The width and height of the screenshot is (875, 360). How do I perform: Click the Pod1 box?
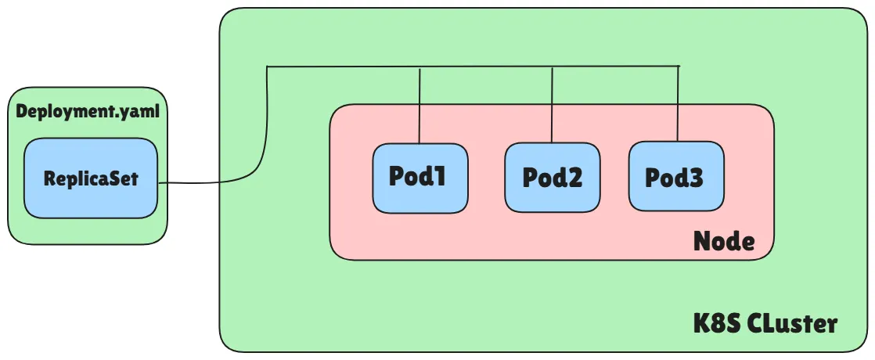[x=420, y=178]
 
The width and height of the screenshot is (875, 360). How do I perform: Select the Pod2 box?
[x=553, y=178]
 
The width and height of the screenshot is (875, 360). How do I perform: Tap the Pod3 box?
[x=676, y=177]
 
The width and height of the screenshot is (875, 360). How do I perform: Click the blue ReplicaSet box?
[x=90, y=178]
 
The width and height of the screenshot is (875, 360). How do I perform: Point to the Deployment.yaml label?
[x=88, y=111]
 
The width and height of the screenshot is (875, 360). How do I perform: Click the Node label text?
[x=724, y=242]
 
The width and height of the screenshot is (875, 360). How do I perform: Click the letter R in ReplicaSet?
[x=49, y=178]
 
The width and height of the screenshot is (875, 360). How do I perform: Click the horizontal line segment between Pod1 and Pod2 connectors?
[x=485, y=67]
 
